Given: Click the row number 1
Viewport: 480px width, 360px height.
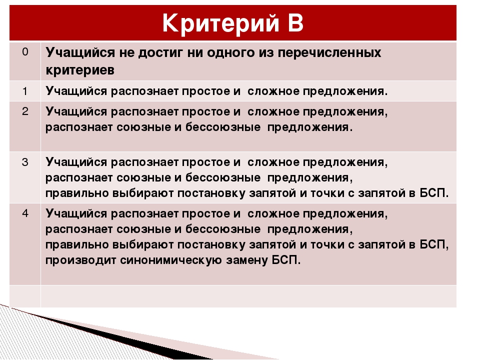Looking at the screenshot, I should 24,90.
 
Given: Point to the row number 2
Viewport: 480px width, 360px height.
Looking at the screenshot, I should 24,111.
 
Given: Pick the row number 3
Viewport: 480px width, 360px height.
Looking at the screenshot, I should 24,161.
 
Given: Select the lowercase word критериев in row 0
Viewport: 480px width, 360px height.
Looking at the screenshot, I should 80,70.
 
